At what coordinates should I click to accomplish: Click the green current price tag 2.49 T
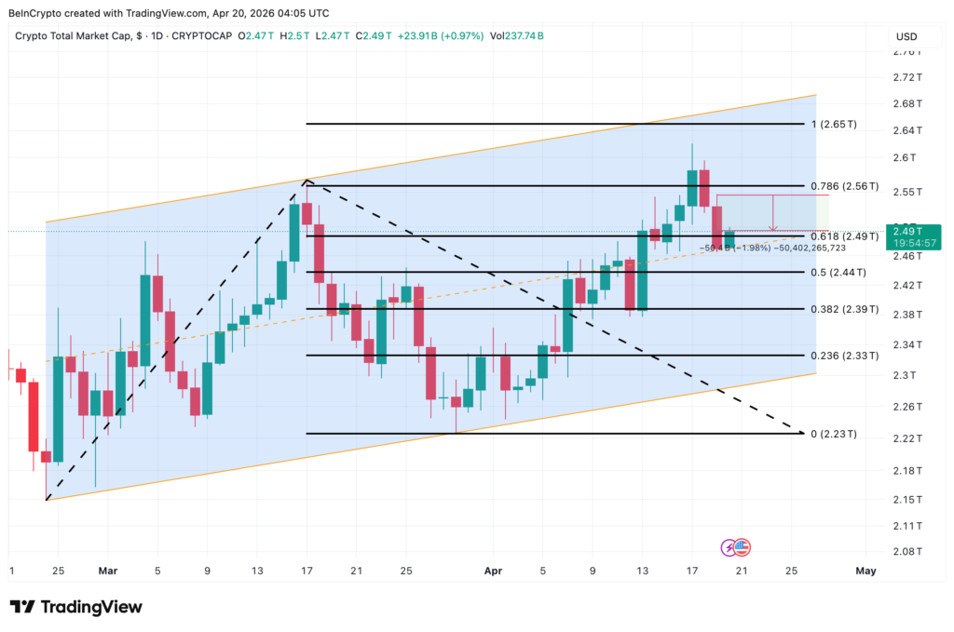tap(907, 231)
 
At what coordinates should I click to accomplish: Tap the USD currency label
tap(906, 36)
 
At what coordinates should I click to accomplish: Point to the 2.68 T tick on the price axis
tap(906, 103)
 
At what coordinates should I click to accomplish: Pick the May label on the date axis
tap(865, 571)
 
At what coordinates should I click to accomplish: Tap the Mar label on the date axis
tap(108, 571)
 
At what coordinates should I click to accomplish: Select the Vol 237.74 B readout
tap(518, 35)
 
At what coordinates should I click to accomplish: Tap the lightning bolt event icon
tap(729, 547)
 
